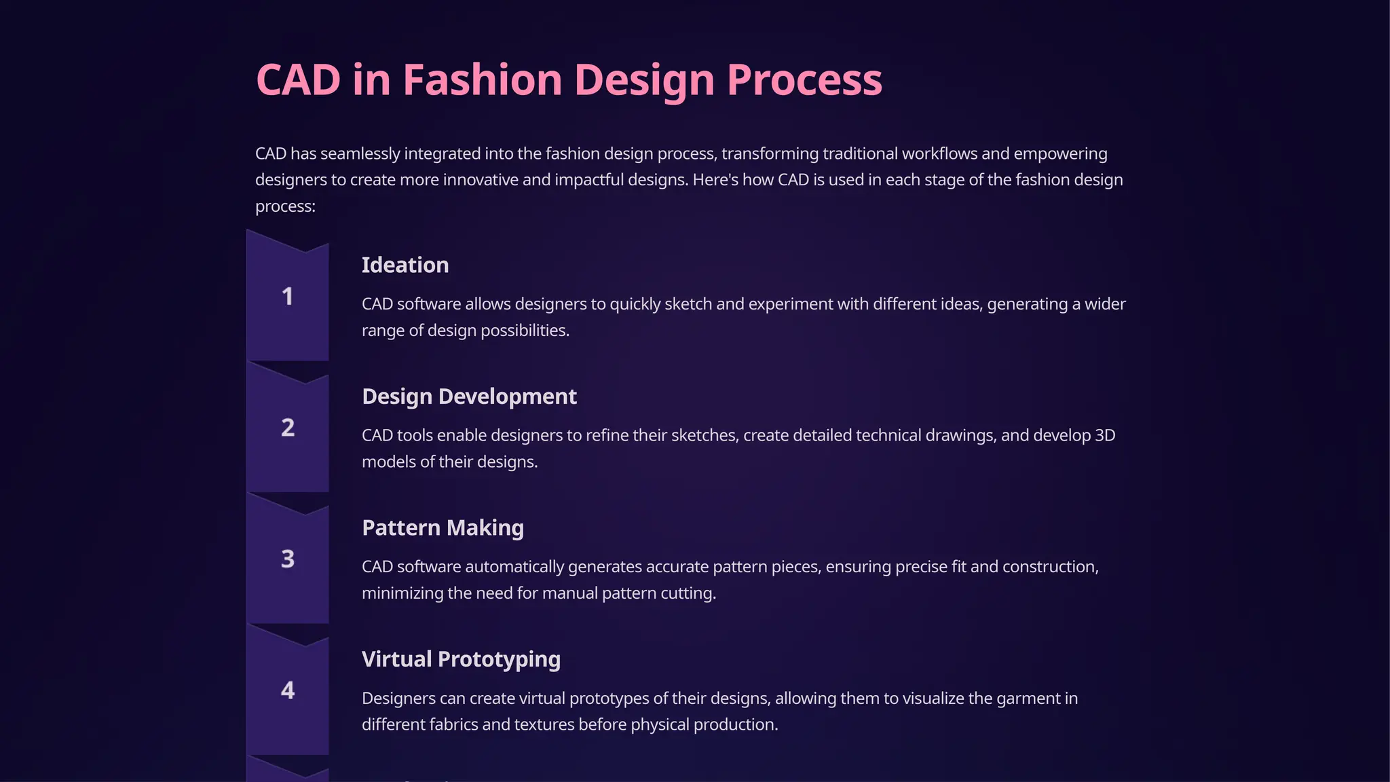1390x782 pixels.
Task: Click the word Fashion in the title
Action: click(483, 80)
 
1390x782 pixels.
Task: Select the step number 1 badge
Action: click(288, 297)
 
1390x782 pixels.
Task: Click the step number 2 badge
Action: click(288, 428)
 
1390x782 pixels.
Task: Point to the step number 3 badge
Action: click(288, 559)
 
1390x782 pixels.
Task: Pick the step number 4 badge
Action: click(288, 690)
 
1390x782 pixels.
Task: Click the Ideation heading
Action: click(405, 265)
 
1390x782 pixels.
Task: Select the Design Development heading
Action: click(469, 396)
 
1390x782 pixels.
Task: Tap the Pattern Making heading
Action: click(443, 528)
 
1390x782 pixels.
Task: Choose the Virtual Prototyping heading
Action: click(461, 659)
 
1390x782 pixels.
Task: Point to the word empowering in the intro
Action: click(1060, 154)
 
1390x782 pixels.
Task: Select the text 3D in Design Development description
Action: click(1104, 435)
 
